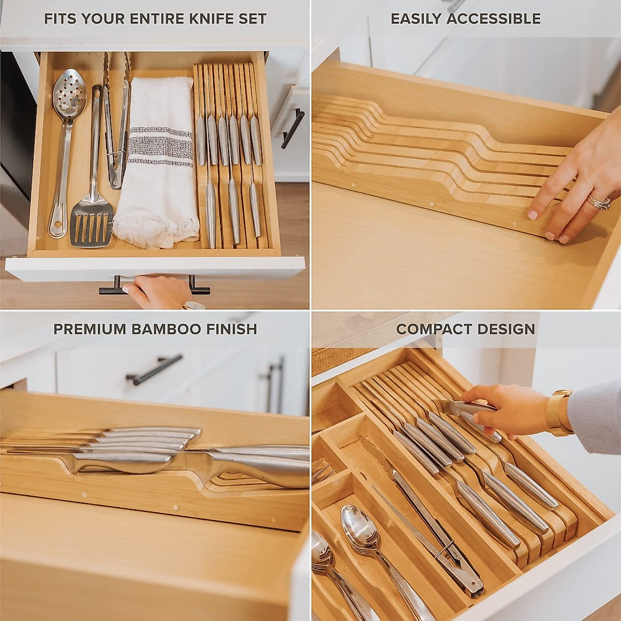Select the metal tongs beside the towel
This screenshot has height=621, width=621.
[116, 119]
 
